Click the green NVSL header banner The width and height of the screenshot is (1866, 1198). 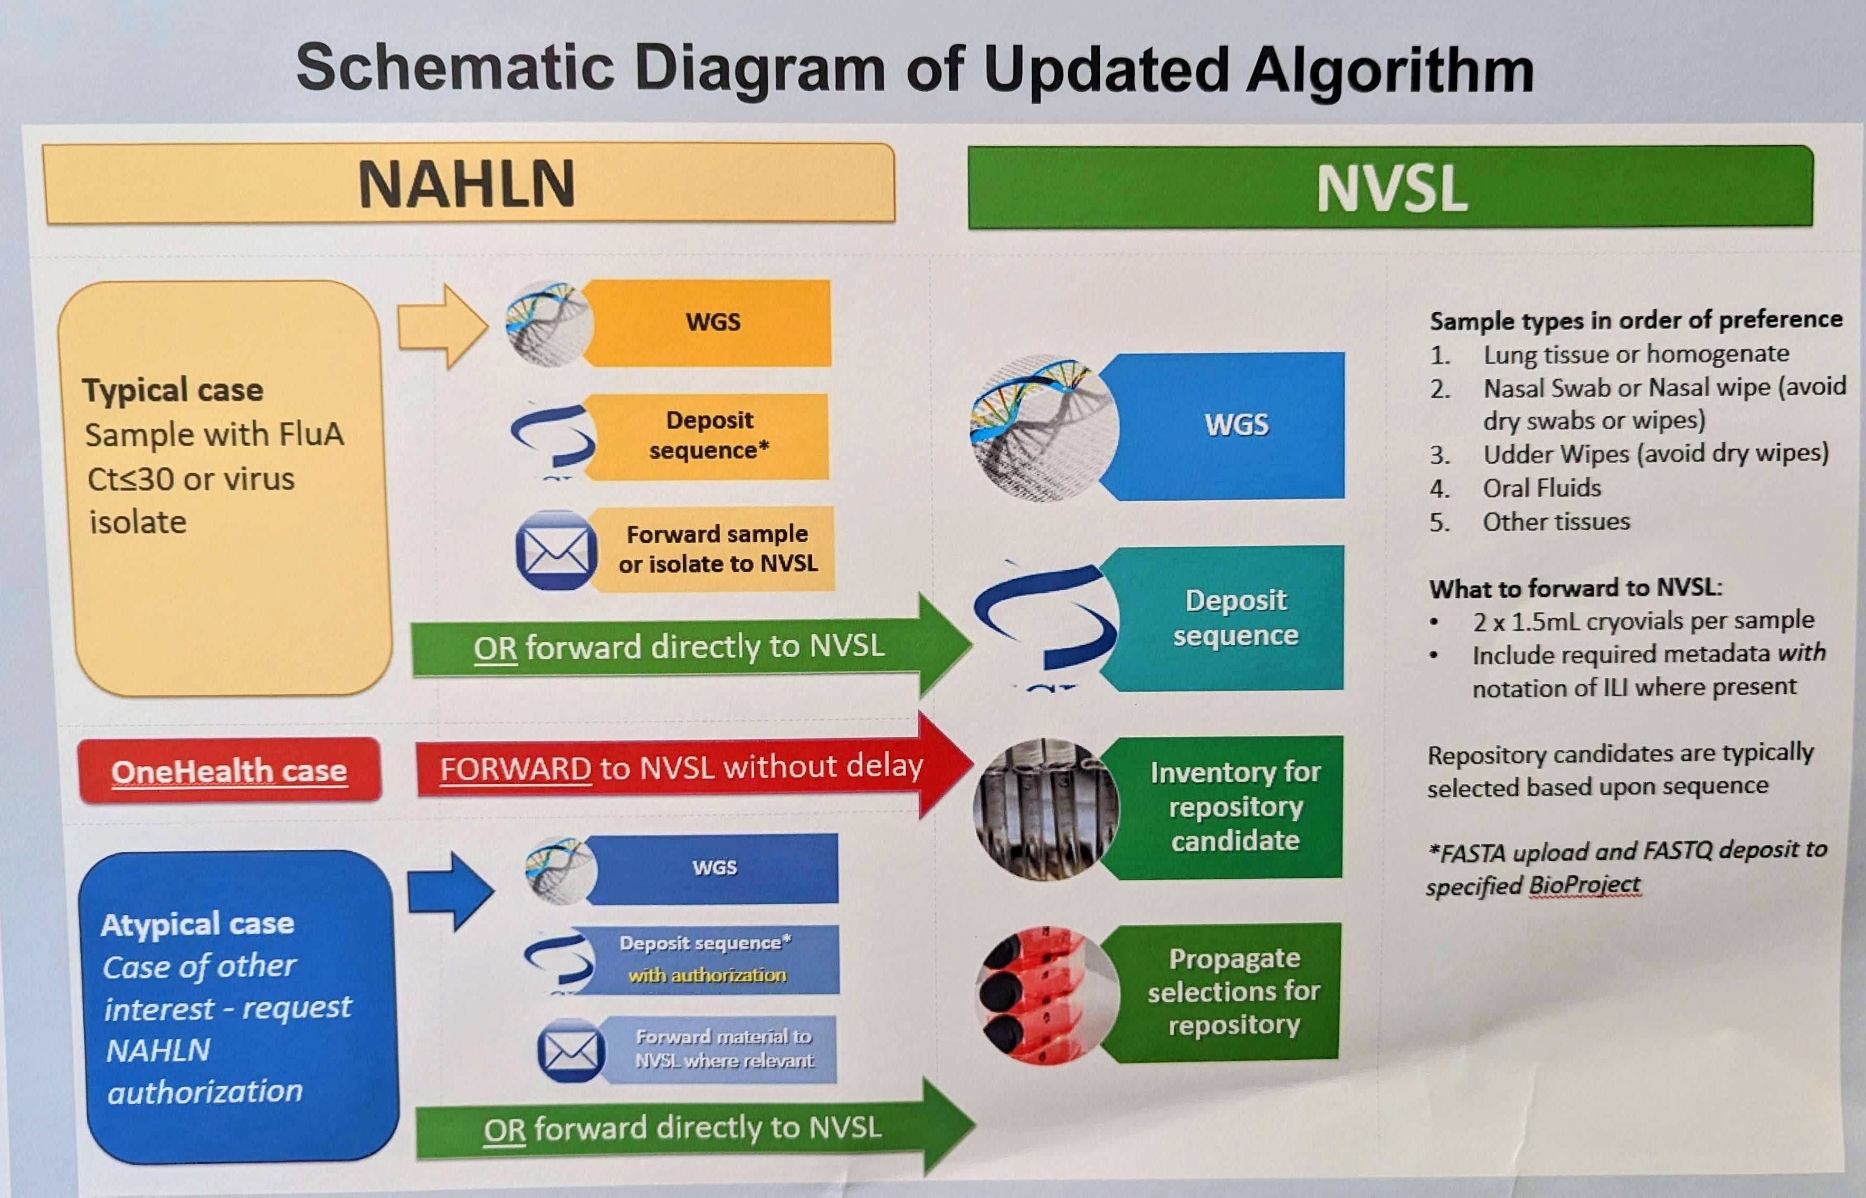click(1390, 187)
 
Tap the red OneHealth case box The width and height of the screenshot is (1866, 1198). click(230, 770)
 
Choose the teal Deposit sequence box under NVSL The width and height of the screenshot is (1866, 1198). click(1236, 618)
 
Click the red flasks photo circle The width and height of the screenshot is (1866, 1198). click(1045, 994)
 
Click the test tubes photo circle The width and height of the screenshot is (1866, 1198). click(1045, 809)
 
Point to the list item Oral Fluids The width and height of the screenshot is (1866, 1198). click(1541, 488)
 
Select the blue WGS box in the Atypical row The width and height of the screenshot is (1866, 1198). click(715, 867)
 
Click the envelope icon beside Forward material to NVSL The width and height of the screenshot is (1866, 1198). click(570, 1051)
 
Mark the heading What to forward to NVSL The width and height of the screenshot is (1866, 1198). click(1575, 587)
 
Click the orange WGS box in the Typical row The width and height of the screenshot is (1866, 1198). click(712, 322)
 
